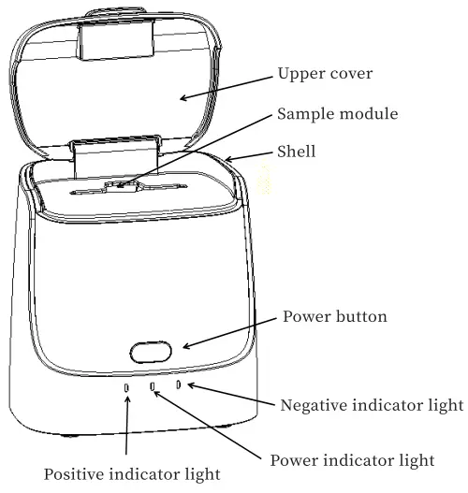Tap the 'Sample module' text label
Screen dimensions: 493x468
337,114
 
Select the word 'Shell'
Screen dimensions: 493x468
296,151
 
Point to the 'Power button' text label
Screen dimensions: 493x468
334,317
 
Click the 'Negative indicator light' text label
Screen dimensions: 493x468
372,405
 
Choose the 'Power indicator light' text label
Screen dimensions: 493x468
352,459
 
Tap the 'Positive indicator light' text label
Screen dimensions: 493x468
132,473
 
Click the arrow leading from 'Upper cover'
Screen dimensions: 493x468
226,86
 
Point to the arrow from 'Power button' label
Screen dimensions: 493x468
230,335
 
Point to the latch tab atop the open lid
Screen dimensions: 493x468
115,37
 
